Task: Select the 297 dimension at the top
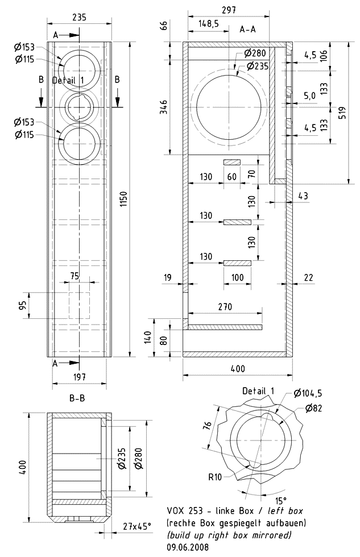coord(230,10)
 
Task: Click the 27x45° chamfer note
coord(137,526)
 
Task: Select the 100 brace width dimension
coord(237,276)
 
